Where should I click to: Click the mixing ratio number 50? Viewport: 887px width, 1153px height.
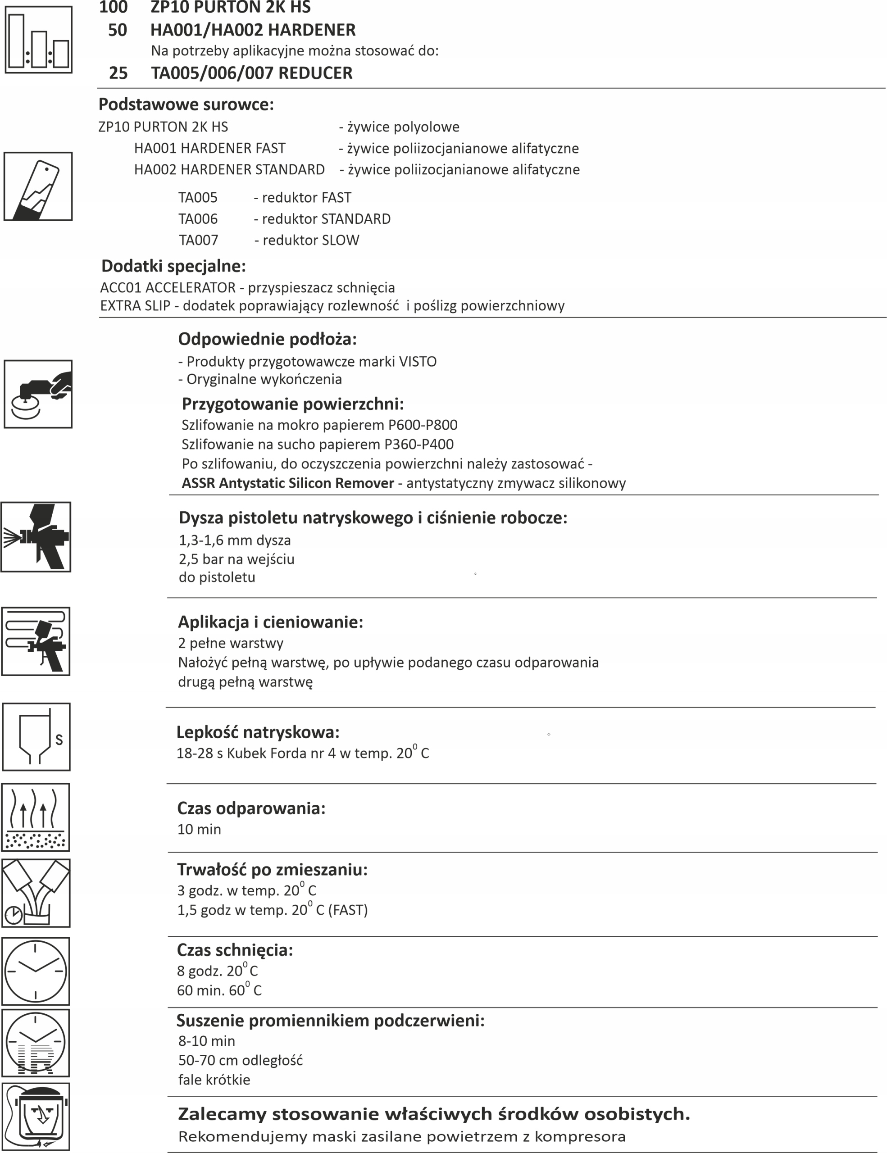[117, 30]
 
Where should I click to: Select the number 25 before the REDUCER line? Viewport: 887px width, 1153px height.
[118, 73]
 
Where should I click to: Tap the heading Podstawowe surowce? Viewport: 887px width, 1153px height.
[186, 104]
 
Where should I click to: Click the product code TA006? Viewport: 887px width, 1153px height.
[198, 219]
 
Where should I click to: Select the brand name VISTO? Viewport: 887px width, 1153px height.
[418, 362]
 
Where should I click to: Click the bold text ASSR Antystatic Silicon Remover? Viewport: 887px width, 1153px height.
[288, 484]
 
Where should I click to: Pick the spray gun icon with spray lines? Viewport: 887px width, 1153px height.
[36, 537]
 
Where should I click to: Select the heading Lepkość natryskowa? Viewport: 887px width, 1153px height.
[258, 732]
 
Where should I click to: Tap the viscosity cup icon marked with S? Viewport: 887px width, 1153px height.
[36, 737]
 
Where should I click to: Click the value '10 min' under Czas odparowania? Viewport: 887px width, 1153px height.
[199, 829]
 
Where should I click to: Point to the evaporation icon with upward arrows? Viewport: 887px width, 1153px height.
[36, 817]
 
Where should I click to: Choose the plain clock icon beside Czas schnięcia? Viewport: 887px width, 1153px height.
[36, 971]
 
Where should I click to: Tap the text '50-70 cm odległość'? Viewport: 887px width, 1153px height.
[240, 1061]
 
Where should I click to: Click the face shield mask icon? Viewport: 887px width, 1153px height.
[36, 1117]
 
